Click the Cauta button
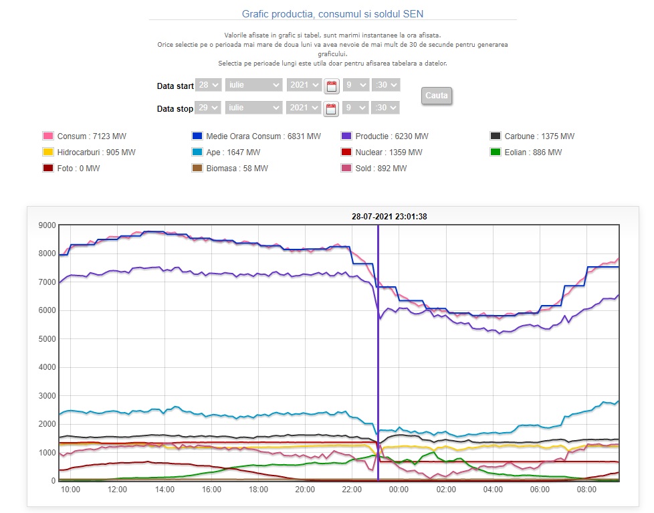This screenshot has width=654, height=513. pos(437,96)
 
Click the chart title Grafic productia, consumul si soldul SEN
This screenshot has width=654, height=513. pos(332,13)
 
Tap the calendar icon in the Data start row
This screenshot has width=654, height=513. pos(331,86)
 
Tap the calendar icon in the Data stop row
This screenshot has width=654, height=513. pos(331,108)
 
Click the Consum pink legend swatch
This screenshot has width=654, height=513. pos(48,136)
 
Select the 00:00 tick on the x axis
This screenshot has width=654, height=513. pos(399,490)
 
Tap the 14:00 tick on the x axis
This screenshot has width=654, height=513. pos(165,490)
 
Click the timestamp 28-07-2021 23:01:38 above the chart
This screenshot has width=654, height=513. pos(389,216)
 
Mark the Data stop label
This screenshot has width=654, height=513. pos(175,108)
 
